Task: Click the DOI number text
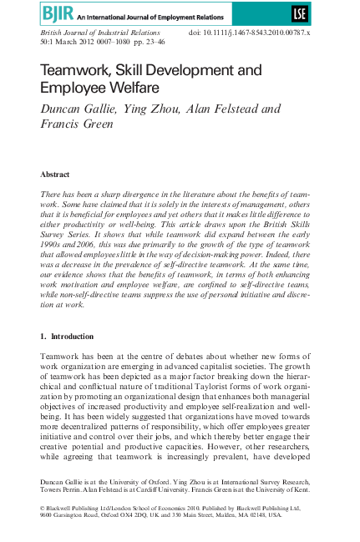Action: coord(261,33)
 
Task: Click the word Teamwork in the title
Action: coord(75,72)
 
